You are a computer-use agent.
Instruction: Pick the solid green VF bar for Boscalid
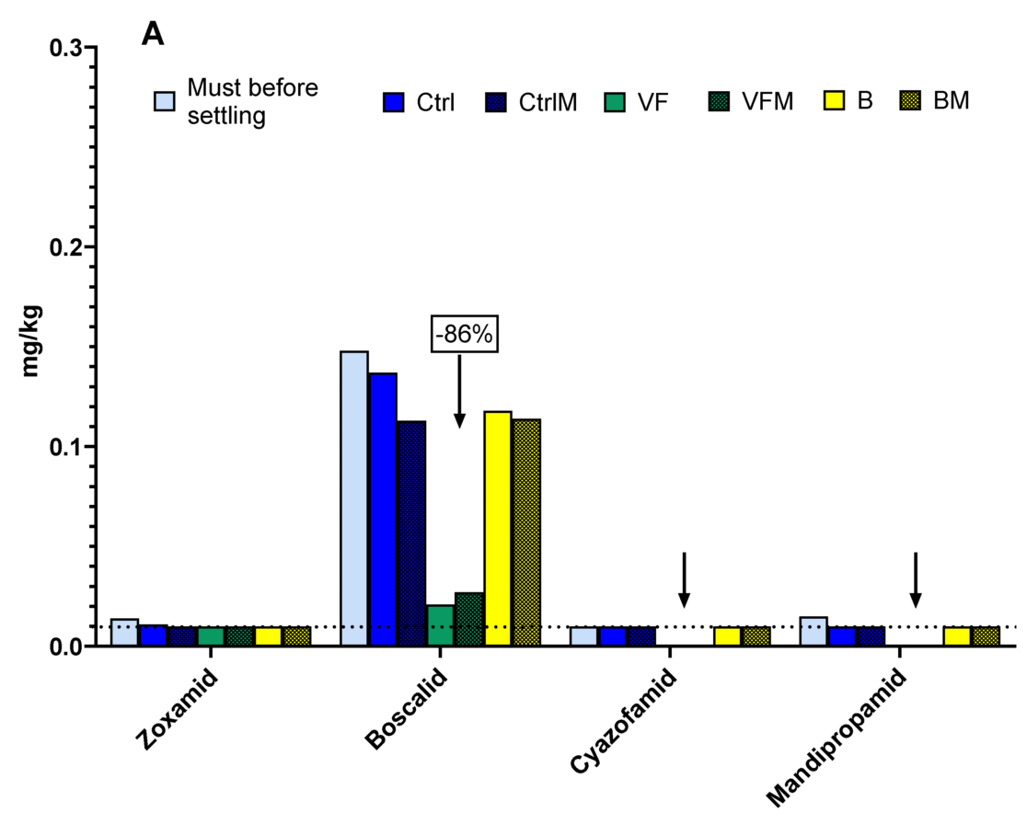point(440,625)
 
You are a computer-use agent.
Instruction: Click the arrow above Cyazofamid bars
point(684,579)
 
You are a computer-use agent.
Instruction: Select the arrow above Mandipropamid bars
point(915,579)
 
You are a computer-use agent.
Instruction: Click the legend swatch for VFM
point(721,101)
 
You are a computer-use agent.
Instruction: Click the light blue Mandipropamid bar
point(814,632)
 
